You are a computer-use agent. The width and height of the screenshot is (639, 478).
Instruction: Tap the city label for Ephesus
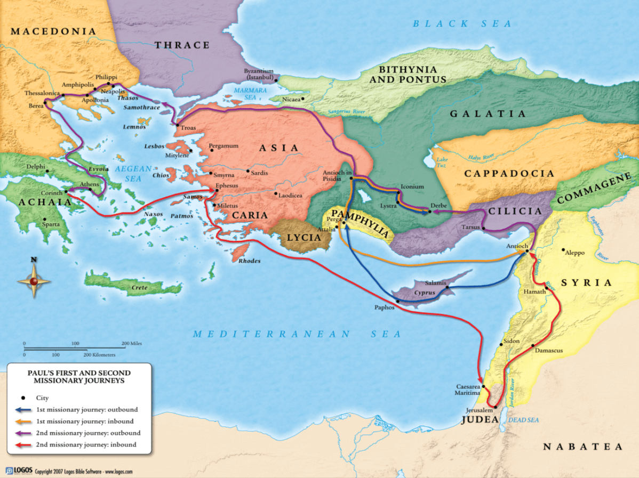tap(227, 186)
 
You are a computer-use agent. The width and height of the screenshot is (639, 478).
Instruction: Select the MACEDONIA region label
tap(53, 31)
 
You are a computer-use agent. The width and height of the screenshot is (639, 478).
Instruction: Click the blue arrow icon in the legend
tap(23, 410)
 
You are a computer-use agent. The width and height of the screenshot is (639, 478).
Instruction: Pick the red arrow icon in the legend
tap(23, 445)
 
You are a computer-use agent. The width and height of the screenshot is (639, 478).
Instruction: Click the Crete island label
tap(139, 288)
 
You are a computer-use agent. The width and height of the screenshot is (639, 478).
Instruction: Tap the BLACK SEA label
tap(462, 23)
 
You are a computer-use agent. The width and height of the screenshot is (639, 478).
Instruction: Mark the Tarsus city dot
tap(484, 229)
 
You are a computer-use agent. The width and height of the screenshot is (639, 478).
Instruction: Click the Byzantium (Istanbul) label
tap(259, 74)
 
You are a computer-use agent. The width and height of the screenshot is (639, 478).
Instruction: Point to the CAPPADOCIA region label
tap(509, 174)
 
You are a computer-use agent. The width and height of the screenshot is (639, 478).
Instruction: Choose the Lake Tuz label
tap(442, 163)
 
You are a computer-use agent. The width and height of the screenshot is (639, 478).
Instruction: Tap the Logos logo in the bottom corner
tap(19, 471)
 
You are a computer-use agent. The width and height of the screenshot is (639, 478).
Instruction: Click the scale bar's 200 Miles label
tap(131, 344)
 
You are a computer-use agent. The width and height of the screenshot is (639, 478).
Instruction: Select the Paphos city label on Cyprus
tap(384, 307)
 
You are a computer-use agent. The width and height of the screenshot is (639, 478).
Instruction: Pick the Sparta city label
tap(52, 224)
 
